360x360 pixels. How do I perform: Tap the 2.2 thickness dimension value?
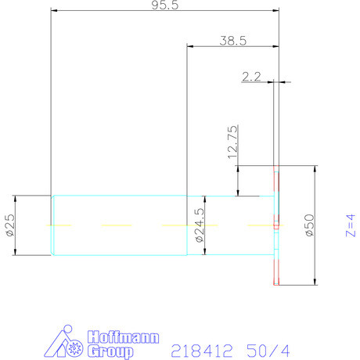click(251, 76)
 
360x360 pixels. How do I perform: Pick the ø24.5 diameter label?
click(199, 225)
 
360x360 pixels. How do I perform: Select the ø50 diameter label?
click(309, 225)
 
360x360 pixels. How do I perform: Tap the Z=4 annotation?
click(349, 225)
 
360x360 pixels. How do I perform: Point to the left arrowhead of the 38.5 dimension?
click(190, 47)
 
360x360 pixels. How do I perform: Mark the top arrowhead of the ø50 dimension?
click(315, 169)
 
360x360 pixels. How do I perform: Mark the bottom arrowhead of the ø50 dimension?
click(315, 283)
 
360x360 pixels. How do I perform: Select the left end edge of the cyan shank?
click(52, 225)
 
